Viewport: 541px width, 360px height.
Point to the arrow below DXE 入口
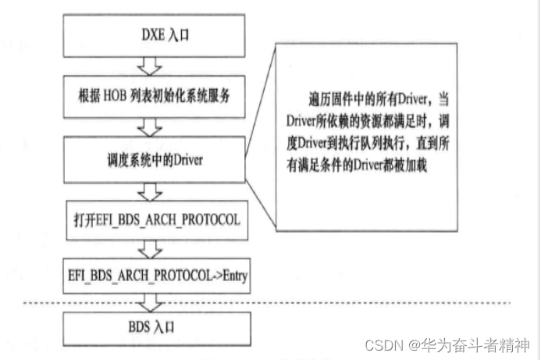pyautogui.click(x=148, y=64)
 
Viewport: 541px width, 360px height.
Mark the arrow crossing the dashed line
pyautogui.click(x=148, y=302)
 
